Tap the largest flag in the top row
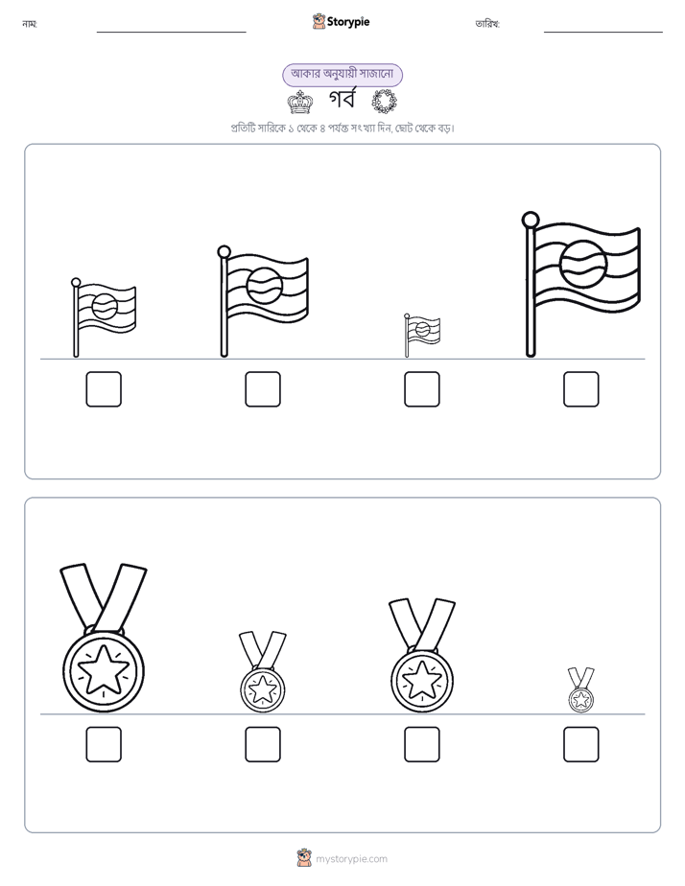[581, 284]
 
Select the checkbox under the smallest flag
[421, 389]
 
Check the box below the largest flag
[581, 389]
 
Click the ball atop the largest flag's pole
[531, 220]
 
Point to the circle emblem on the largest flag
[584, 265]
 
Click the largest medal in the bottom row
[104, 638]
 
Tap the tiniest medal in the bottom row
[581, 689]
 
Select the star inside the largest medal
[104, 670]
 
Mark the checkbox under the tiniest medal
[581, 744]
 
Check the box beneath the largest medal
[104, 744]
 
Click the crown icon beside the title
[300, 103]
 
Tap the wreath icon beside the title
[385, 102]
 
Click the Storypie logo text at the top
[348, 22]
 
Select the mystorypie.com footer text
[351, 859]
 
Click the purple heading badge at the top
[342, 75]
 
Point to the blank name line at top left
[171, 33]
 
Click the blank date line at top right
[603, 33]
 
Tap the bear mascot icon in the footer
[304, 858]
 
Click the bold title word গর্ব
[342, 101]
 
